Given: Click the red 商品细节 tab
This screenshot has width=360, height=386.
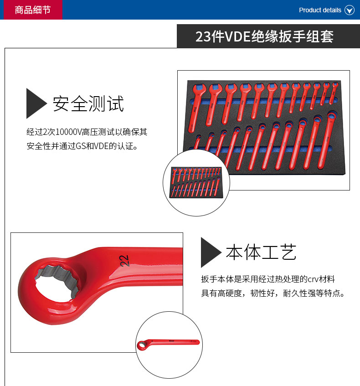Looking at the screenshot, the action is (33, 10).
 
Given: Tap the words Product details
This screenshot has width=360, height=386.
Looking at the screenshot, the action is (320, 10).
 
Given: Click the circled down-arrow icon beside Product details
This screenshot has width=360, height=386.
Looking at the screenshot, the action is (350, 10).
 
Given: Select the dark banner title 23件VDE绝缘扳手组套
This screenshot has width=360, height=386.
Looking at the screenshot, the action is (264, 36).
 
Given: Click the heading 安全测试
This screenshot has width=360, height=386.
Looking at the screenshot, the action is (88, 103).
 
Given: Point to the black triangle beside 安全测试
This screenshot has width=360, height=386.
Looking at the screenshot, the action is (36, 103).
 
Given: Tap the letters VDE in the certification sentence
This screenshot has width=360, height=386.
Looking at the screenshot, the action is (101, 146).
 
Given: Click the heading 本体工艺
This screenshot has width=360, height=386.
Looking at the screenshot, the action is (261, 252).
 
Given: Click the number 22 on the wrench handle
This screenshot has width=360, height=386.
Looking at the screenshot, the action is (124, 261).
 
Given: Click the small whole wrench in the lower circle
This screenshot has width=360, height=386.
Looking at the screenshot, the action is (168, 344).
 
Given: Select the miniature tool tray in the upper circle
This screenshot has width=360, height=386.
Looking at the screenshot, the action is (196, 182).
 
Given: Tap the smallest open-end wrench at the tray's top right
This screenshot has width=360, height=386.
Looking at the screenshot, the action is (334, 93).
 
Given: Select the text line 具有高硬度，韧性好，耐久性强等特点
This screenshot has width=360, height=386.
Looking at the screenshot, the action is (273, 293).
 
